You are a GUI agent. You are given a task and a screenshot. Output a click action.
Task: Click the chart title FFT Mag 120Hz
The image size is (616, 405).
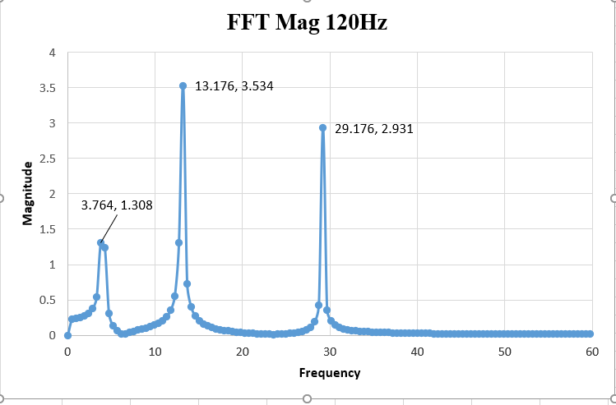[x=307, y=22]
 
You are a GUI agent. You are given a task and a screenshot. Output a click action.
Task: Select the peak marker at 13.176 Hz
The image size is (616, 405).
[x=183, y=85]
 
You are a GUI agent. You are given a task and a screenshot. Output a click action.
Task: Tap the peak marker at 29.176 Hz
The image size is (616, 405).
[x=323, y=128]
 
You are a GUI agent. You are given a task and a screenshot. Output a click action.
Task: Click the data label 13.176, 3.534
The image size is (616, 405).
[x=234, y=85]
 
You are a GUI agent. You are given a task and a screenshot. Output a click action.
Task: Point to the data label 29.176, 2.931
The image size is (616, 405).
[x=374, y=128]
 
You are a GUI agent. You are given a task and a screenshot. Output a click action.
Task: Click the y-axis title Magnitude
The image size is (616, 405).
[x=28, y=193]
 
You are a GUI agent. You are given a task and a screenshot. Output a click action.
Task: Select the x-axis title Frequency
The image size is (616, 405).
[x=329, y=373]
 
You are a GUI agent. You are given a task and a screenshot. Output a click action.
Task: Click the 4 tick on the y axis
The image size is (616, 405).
[x=52, y=53]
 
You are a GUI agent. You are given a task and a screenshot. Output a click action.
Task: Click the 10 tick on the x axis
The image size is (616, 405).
[x=155, y=352]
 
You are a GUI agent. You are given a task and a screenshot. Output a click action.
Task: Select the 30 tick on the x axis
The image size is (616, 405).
[x=330, y=352]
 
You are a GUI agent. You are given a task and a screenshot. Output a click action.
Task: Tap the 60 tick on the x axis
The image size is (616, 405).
[x=591, y=352]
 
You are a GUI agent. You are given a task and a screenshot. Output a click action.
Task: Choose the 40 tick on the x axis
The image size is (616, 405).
[x=417, y=352]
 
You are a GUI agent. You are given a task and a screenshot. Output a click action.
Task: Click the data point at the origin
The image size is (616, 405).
[x=67, y=335]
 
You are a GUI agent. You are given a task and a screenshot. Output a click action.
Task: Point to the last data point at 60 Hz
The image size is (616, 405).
[x=590, y=334]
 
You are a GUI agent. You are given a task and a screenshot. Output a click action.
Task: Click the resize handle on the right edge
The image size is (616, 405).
[x=613, y=198]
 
